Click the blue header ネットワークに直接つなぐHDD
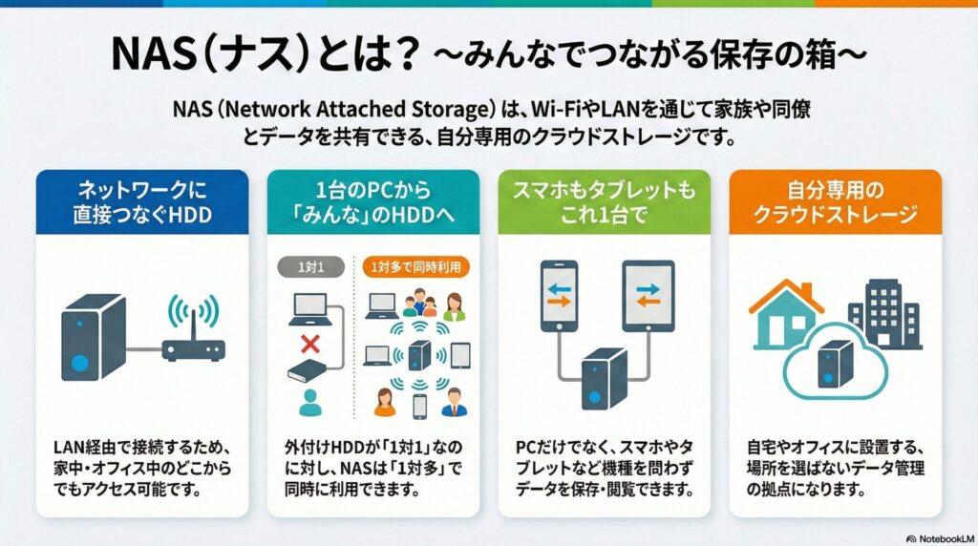click(x=141, y=201)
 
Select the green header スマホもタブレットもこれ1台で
click(x=605, y=201)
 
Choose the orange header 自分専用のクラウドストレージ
click(x=836, y=201)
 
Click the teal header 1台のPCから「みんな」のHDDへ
click(x=372, y=201)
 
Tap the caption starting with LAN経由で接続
click(x=141, y=469)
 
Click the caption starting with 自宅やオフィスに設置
click(x=836, y=469)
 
